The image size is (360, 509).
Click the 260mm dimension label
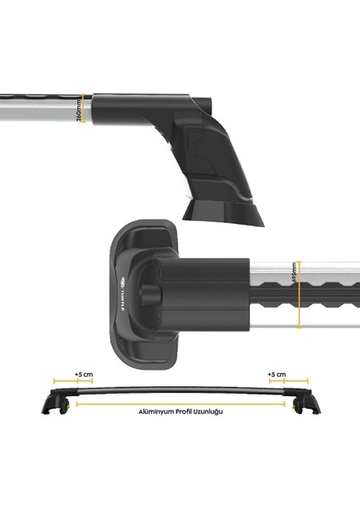point(79,111)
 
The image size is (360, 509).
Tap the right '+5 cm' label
point(278,373)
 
